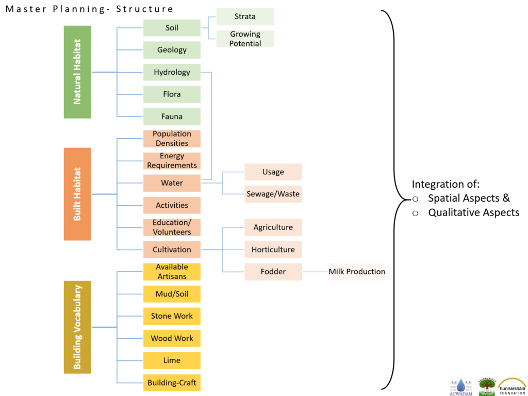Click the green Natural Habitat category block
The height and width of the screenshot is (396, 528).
click(77, 72)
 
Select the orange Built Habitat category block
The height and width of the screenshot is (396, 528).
click(77, 194)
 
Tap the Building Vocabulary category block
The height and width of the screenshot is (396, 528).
click(77, 327)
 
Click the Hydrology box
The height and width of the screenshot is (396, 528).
click(172, 72)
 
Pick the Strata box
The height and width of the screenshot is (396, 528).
click(245, 16)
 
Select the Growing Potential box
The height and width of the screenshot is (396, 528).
click(245, 39)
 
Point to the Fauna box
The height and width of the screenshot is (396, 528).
click(172, 117)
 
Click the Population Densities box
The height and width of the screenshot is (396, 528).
click(172, 139)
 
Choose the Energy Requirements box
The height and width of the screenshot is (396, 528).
click(172, 161)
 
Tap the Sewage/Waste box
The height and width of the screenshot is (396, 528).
click(273, 194)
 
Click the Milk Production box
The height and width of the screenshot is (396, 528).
click(357, 272)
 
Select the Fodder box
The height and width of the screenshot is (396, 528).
click(273, 272)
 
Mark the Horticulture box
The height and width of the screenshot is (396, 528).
click(273, 250)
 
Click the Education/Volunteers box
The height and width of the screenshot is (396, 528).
click(172, 227)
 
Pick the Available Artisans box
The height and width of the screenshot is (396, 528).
click(172, 272)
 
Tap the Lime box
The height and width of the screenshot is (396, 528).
click(172, 360)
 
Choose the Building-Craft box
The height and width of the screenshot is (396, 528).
click(172, 383)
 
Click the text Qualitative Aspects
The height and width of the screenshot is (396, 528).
click(473, 212)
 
